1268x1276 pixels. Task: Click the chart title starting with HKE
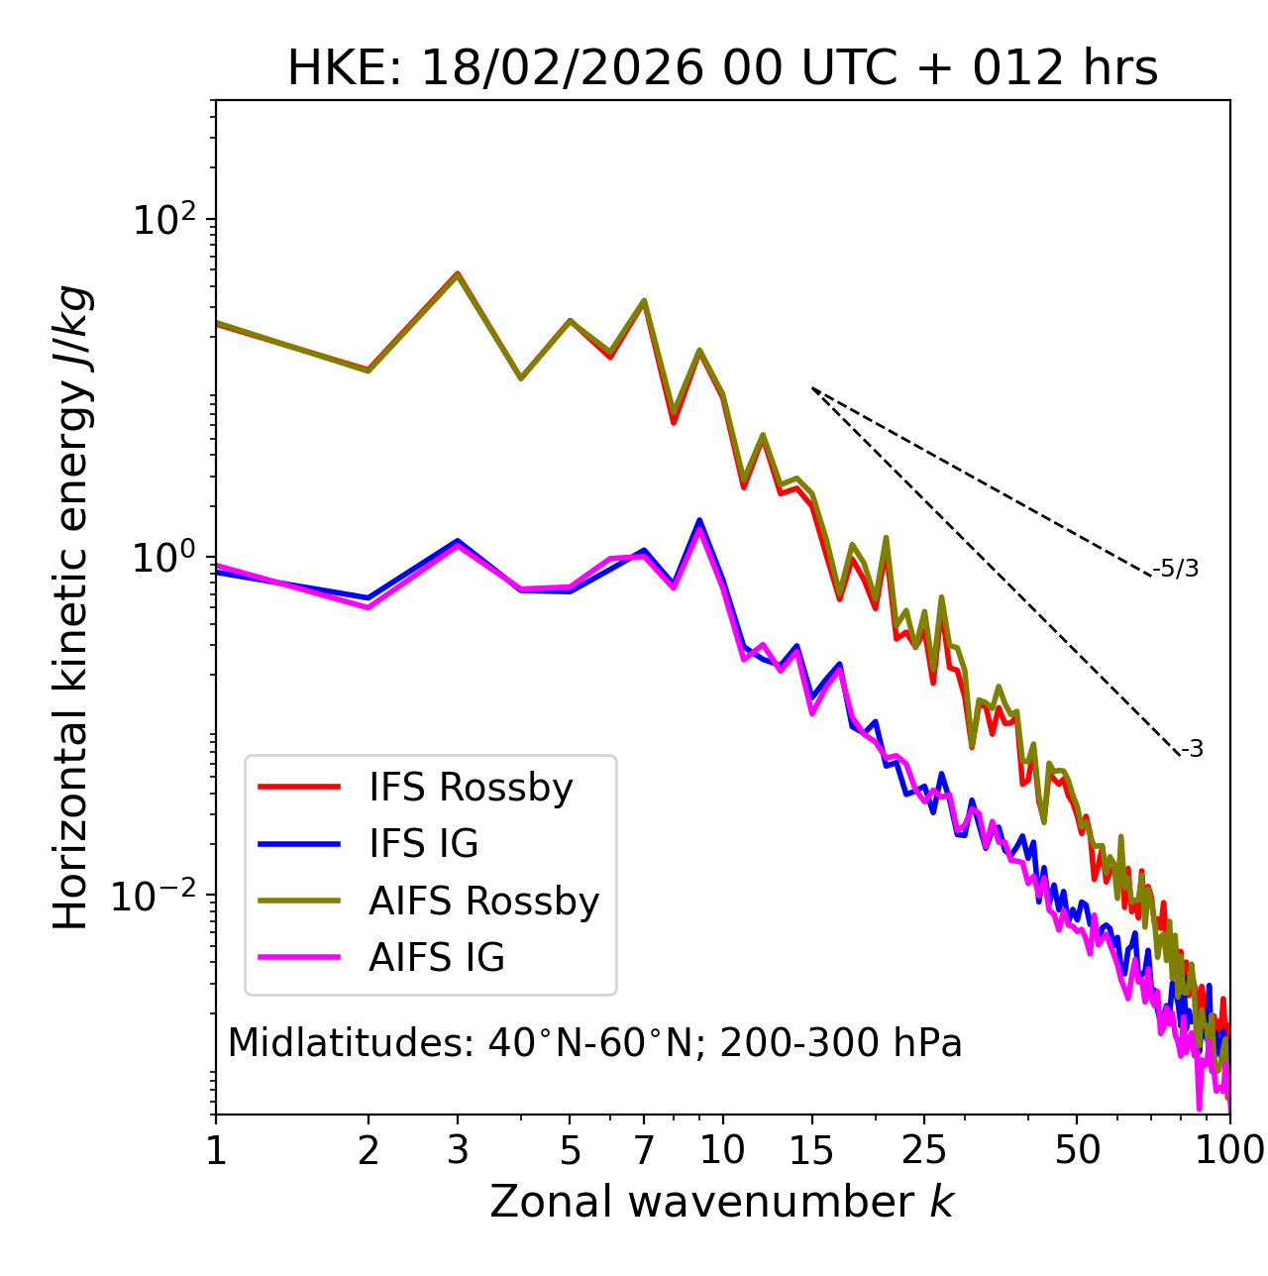click(722, 69)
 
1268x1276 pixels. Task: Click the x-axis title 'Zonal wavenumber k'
click(721, 1201)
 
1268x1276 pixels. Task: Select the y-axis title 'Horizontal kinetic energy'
click(72, 607)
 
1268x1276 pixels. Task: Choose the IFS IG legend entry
click(423, 844)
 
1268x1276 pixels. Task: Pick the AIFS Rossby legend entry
click(483, 902)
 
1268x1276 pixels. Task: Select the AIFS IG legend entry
click(436, 958)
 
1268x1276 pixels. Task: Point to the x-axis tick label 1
click(216, 1150)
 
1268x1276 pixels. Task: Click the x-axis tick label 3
click(458, 1150)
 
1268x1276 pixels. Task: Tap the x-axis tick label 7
click(644, 1150)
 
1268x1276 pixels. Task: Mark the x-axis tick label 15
click(812, 1150)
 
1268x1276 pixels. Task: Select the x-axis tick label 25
click(924, 1150)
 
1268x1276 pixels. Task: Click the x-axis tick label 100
click(1229, 1150)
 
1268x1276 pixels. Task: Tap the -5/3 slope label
click(1176, 570)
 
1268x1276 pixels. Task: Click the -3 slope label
click(1193, 750)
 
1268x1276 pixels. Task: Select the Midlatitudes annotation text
click(594, 1043)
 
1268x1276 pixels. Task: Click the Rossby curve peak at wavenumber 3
click(458, 273)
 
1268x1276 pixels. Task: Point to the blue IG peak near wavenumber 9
click(699, 520)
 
